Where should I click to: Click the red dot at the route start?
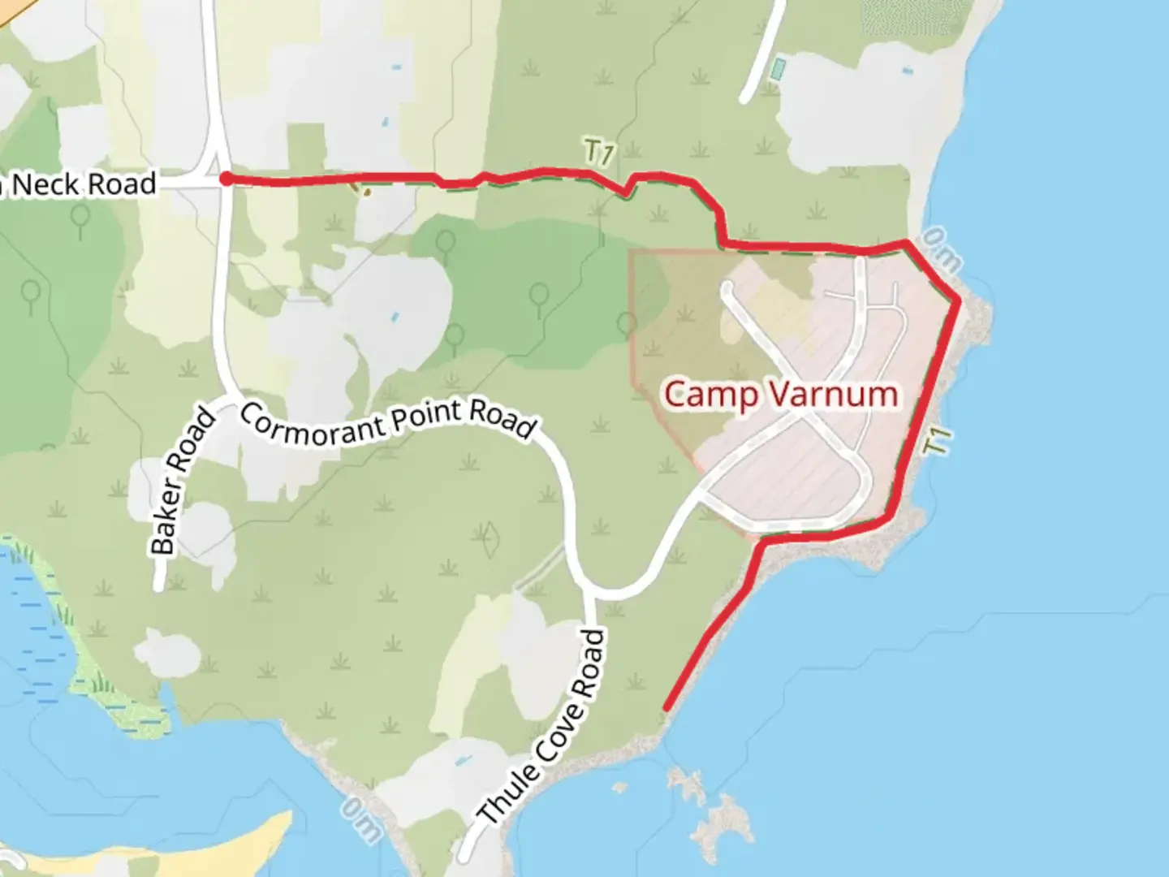pos(226,179)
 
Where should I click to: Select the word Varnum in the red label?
pos(834,395)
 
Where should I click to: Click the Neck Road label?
pos(85,184)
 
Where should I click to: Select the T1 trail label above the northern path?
pos(598,153)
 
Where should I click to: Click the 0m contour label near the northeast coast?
pos(943,250)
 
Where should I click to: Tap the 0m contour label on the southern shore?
pos(360,819)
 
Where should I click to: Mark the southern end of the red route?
pos(666,709)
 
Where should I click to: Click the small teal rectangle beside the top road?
pos(777,69)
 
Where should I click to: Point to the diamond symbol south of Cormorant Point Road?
pos(490,540)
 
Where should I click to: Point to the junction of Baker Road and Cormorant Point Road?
pos(227,400)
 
